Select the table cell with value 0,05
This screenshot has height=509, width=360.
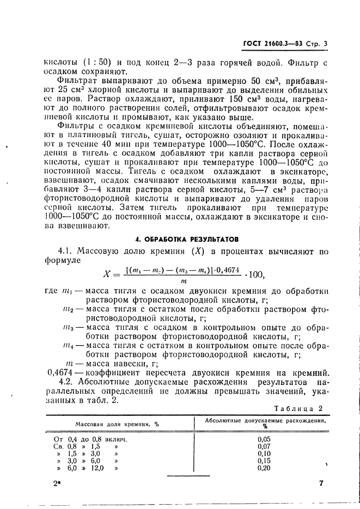(x=265, y=438)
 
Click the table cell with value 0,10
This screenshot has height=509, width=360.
(x=265, y=453)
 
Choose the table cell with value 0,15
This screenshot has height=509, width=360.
(x=265, y=460)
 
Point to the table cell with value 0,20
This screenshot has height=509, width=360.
(x=265, y=468)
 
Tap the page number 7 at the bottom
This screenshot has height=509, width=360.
(x=321, y=482)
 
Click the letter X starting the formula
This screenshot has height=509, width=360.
(x=108, y=273)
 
